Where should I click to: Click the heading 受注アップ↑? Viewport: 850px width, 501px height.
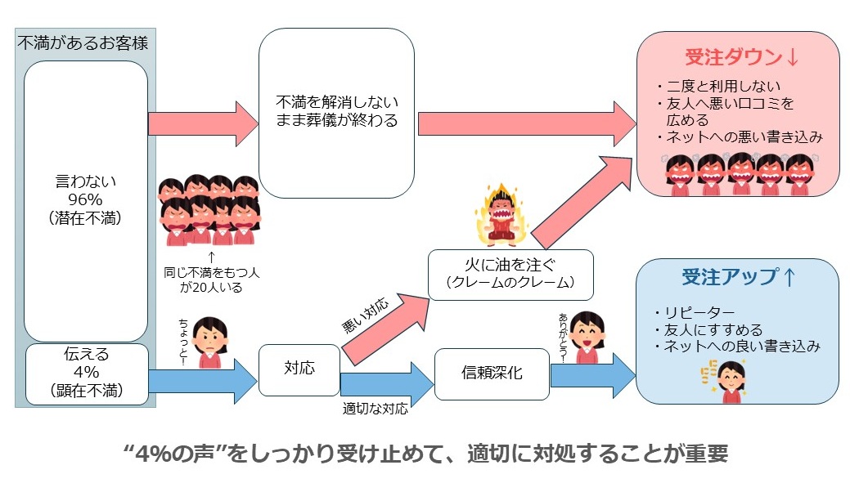point(738,277)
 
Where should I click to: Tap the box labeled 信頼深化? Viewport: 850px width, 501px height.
point(491,374)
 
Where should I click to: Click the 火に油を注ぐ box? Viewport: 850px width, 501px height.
point(510,274)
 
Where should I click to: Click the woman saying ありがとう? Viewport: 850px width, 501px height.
point(586,336)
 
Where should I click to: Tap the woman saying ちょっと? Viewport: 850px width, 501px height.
point(211,341)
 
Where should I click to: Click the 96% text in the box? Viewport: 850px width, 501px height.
point(85,198)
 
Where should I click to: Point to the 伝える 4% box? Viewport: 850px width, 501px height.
point(86,374)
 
